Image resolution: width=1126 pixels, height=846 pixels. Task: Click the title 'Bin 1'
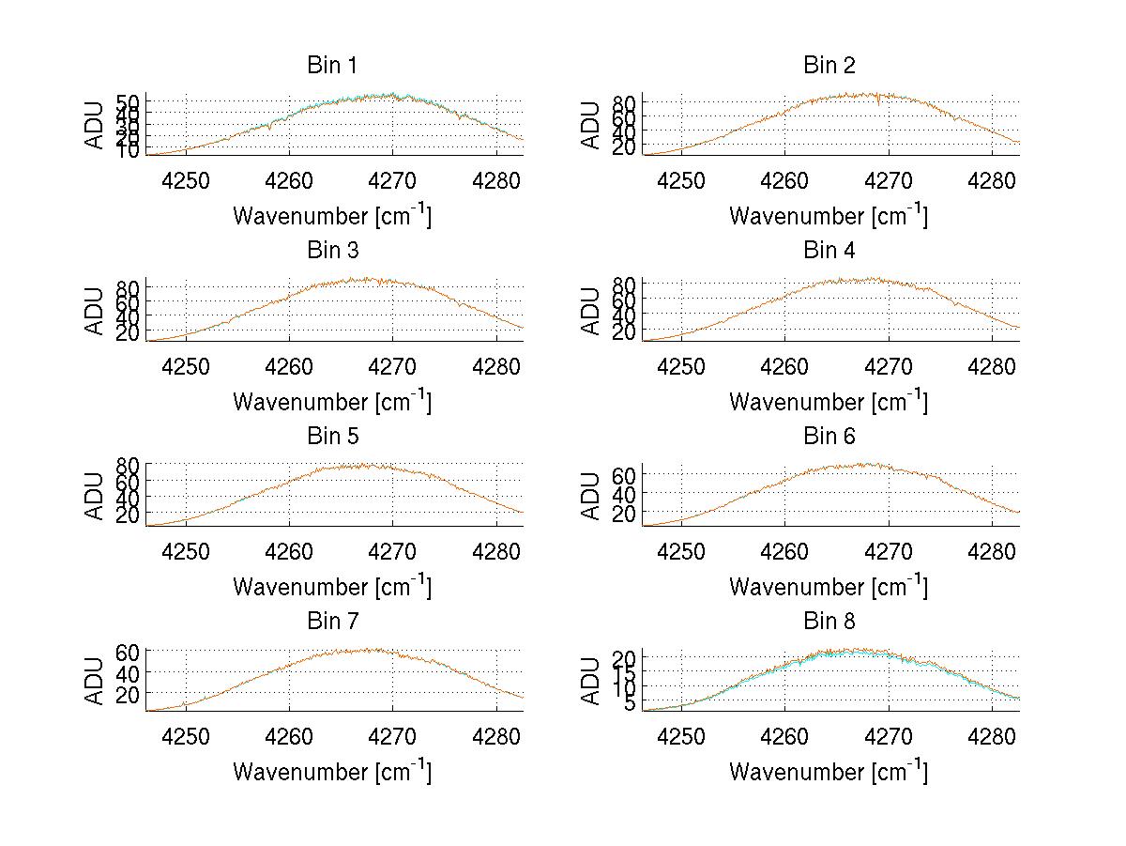[x=331, y=66]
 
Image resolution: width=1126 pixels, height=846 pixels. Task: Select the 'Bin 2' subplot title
[x=829, y=66]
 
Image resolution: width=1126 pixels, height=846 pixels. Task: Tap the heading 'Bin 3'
[x=331, y=251]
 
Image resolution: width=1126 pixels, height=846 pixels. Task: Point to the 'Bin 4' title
[x=829, y=251]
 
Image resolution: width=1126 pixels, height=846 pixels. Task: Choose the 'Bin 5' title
[x=331, y=437]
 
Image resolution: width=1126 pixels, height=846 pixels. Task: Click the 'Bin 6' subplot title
[x=829, y=437]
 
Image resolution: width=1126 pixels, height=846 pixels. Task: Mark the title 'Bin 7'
[x=331, y=622]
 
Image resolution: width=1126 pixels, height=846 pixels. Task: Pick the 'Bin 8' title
[x=829, y=622]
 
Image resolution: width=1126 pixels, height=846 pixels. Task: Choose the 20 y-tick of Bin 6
[x=623, y=513]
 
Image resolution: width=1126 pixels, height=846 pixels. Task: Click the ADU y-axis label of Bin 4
[x=591, y=311]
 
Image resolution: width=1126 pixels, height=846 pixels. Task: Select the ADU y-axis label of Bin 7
[x=95, y=682]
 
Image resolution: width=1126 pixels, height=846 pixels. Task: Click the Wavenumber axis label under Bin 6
[x=829, y=586]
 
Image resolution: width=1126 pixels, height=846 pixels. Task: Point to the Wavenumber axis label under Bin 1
[x=331, y=215]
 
